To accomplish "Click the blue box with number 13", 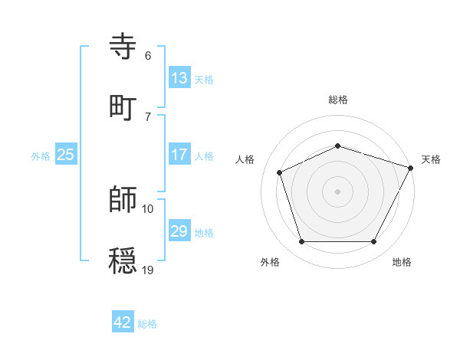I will [179, 78].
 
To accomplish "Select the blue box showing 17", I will [179, 155].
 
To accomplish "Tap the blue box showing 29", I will [179, 231].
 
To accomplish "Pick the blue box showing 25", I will [66, 155].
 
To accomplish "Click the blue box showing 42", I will [123, 322].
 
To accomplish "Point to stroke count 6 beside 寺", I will [148, 56].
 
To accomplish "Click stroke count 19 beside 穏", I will [148, 270].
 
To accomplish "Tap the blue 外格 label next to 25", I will [41, 155].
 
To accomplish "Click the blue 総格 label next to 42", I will [147, 323].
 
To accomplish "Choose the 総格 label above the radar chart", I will [338, 100].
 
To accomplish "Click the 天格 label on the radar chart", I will [431, 159].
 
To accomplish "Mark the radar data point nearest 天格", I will [412, 167].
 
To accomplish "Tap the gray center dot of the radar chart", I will [338, 191].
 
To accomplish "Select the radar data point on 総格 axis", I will [338, 146].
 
